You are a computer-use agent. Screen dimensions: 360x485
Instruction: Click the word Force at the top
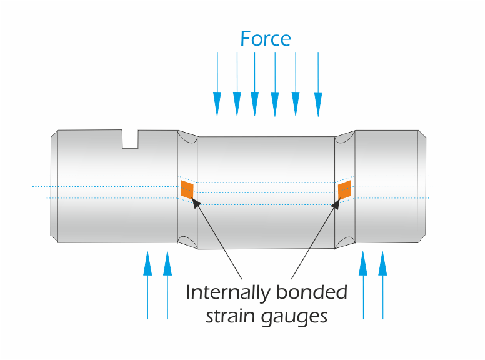point(266,39)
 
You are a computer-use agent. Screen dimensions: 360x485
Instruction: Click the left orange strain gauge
point(187,189)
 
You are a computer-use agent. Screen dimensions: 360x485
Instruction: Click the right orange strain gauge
point(344,190)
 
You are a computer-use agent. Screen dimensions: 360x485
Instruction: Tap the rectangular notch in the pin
point(130,139)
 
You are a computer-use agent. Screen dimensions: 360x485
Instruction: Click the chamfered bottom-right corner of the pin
point(423,239)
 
